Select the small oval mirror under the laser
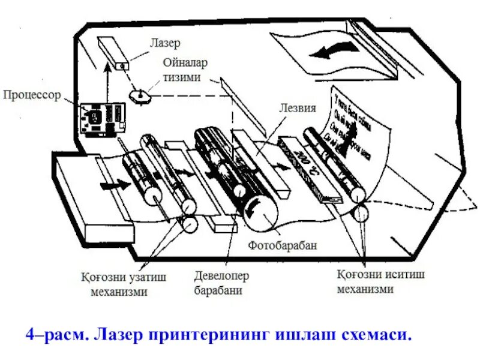[139, 95]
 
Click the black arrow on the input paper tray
[113, 185]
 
